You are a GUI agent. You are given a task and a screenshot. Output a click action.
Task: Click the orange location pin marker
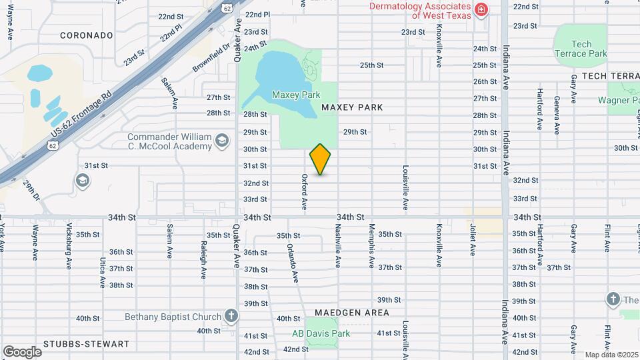coord(321,159)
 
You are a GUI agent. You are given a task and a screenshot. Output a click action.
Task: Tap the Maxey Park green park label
coord(296,95)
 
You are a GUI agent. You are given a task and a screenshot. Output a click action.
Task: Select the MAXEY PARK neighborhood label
coord(352,107)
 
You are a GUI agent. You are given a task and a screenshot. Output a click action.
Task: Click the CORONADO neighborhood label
coord(86,35)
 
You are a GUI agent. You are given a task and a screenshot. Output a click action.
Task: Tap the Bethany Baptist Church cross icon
coord(231,316)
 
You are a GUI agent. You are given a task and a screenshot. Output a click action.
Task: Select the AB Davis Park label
coord(321,333)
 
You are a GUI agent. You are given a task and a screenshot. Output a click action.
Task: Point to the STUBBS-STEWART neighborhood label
coord(86,344)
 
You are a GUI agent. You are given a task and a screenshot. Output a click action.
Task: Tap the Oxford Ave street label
coord(304,193)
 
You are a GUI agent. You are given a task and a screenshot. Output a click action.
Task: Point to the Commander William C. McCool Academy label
coord(169,141)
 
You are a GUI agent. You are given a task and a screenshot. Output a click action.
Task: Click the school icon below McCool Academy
coord(83,179)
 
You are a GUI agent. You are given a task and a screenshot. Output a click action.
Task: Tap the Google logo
coord(22,351)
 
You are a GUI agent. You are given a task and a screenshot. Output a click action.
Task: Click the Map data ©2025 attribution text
coord(611,355)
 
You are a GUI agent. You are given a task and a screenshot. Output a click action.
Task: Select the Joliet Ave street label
coord(472,241)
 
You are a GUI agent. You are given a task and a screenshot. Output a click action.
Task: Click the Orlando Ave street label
coord(291,261)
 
